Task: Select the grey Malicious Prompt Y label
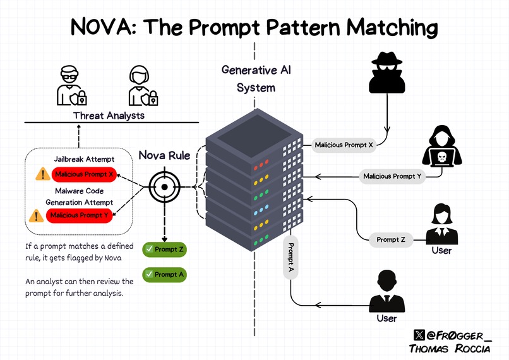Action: [x=392, y=176]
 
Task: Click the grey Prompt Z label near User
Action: [x=392, y=239]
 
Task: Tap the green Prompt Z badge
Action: [x=165, y=249]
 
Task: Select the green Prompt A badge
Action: [x=165, y=275]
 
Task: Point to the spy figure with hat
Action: [x=385, y=74]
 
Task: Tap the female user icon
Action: [x=441, y=224]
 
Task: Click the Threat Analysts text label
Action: [x=109, y=115]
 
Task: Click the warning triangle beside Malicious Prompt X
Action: [x=42, y=174]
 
